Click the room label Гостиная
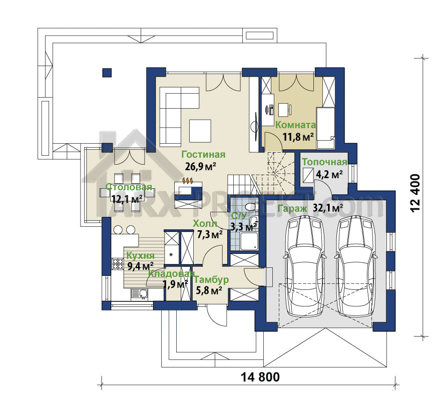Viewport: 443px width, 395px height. [203, 154]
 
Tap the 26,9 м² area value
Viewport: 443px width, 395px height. [200, 166]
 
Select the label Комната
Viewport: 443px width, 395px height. [295, 125]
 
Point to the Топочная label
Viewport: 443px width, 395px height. [325, 162]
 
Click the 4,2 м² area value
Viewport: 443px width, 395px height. [329, 174]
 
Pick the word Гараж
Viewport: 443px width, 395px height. [292, 209]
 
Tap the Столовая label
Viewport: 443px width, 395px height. [129, 187]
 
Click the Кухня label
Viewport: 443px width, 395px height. [141, 255]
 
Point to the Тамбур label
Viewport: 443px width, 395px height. [211, 279]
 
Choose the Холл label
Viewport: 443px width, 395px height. [205, 223]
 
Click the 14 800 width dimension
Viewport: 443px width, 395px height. [260, 376]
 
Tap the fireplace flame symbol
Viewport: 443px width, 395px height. [188, 180]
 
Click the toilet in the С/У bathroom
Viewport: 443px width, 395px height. [250, 207]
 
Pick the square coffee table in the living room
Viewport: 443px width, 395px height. [200, 131]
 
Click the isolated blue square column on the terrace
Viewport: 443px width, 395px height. [107, 73]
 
